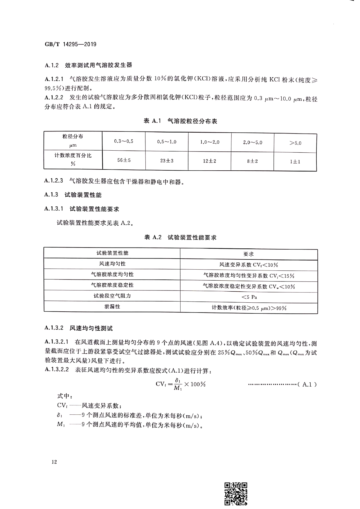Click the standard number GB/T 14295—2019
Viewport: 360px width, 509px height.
click(x=71, y=44)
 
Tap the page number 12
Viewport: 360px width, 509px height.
click(x=54, y=462)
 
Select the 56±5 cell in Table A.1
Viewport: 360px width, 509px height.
click(x=124, y=160)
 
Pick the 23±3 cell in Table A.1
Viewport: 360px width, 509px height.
click(x=167, y=160)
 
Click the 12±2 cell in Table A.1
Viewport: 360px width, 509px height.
click(x=210, y=161)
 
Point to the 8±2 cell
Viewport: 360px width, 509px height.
click(x=252, y=161)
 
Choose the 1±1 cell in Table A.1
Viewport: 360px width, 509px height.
click(x=295, y=162)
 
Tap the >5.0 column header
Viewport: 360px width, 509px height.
click(x=295, y=143)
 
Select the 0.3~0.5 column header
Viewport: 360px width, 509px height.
click(x=124, y=141)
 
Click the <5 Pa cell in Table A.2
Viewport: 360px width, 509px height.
click(x=249, y=297)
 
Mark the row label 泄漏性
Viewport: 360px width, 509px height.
click(x=112, y=306)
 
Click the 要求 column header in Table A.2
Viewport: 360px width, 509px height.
click(x=249, y=254)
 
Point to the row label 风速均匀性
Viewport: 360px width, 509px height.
click(x=112, y=263)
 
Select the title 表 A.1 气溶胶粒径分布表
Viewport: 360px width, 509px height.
click(x=180, y=121)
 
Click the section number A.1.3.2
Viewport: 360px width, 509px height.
click(x=54, y=328)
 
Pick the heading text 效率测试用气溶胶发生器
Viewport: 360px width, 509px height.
click(x=98, y=65)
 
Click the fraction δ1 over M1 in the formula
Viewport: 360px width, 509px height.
click(x=178, y=384)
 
